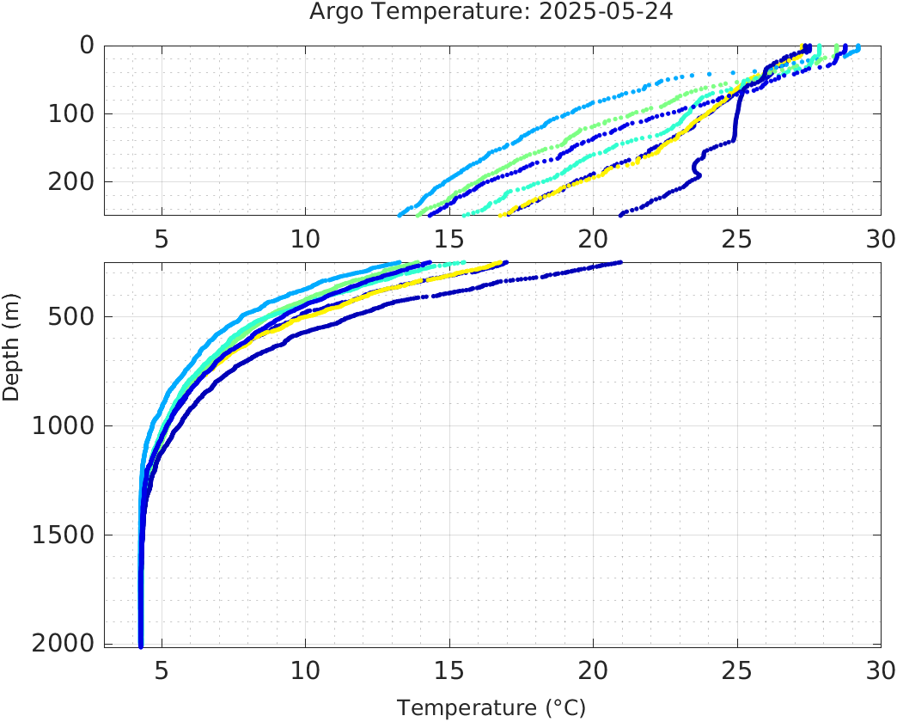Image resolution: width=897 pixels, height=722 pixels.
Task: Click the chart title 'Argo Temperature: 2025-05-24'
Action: click(x=491, y=13)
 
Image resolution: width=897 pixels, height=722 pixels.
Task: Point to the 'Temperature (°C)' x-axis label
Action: click(x=491, y=708)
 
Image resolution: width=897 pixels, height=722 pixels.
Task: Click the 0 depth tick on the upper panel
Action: click(x=87, y=46)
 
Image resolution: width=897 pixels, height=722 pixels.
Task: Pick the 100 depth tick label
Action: click(x=71, y=113)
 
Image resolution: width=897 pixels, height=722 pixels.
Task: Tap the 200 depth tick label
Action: click(x=71, y=181)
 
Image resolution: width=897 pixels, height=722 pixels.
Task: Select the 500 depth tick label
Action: click(x=71, y=316)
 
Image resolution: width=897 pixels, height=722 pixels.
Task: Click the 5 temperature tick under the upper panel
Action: click(x=162, y=239)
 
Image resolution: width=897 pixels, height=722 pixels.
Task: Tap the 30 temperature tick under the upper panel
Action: click(x=880, y=239)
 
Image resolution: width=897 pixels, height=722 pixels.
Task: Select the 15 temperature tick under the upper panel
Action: click(x=449, y=239)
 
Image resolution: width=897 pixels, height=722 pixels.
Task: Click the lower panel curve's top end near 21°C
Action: click(x=619, y=263)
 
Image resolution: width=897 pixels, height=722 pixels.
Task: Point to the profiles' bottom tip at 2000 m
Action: click(x=141, y=645)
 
